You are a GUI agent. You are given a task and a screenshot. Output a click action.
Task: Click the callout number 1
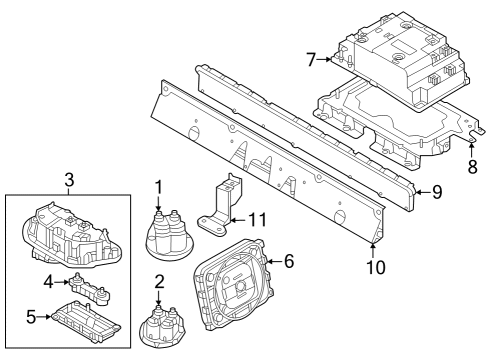click(x=159, y=186)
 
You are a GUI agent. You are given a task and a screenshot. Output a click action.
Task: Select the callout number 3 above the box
click(x=69, y=179)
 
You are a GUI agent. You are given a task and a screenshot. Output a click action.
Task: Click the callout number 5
click(x=31, y=317)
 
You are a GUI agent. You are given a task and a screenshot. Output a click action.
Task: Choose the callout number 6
click(x=289, y=261)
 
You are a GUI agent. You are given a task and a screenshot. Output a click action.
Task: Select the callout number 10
click(x=375, y=266)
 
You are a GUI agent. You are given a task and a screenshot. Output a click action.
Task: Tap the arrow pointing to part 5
click(x=44, y=317)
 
